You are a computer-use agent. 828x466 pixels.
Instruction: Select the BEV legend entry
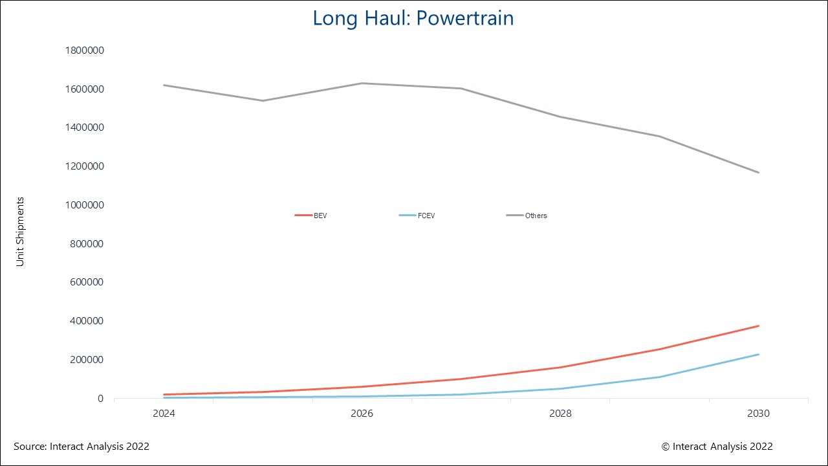tap(311, 216)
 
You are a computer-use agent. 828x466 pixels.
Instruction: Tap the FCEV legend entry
tap(417, 216)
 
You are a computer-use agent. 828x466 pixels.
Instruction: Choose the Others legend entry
tap(527, 216)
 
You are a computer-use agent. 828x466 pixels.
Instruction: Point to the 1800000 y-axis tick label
tap(85, 50)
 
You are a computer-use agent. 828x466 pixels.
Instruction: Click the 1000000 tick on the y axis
tap(85, 205)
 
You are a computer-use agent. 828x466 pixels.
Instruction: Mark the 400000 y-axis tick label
tap(87, 320)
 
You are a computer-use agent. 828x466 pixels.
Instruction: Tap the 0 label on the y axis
tap(100, 399)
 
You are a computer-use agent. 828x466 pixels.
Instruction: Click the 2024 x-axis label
tap(164, 413)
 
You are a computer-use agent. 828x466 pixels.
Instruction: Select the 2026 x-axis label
tap(362, 413)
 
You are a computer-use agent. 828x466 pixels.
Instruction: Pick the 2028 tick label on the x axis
tap(560, 413)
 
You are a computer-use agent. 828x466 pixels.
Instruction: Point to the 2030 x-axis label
tap(759, 413)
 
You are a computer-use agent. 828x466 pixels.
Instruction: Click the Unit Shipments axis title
tap(20, 232)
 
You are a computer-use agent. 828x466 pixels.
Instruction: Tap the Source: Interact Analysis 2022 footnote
tap(82, 447)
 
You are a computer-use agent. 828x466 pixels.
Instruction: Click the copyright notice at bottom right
tap(717, 447)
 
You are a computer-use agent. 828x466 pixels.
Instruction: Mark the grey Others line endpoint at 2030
tap(759, 173)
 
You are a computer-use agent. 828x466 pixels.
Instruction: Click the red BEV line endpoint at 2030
tap(759, 326)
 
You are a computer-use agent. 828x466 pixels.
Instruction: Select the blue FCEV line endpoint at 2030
tap(759, 354)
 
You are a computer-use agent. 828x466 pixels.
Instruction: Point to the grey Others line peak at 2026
tap(362, 83)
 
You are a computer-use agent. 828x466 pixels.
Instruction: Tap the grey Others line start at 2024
tap(164, 85)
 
